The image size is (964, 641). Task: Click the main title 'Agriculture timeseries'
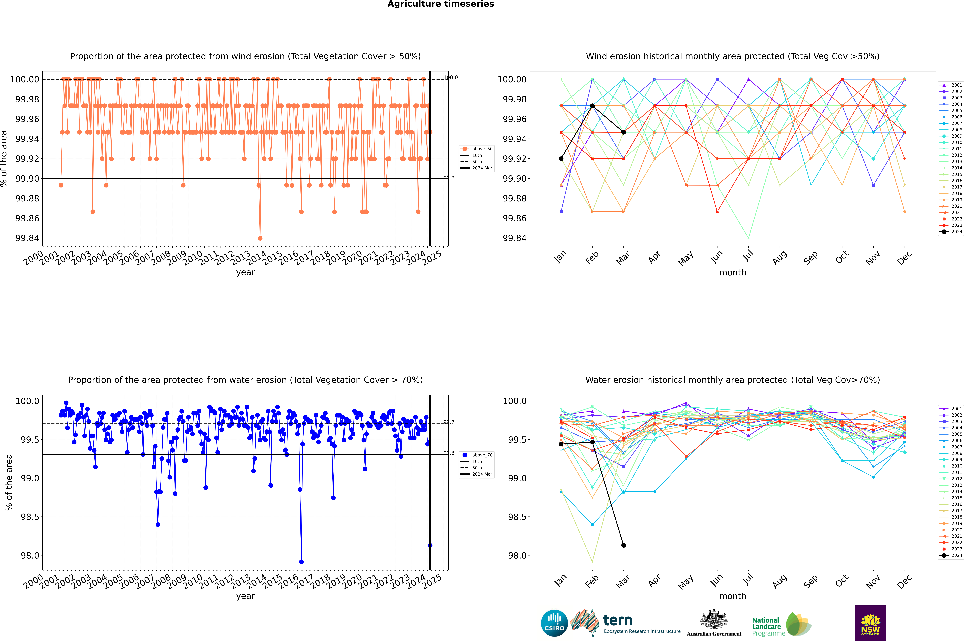(441, 4)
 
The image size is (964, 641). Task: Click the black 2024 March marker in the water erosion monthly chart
(623, 545)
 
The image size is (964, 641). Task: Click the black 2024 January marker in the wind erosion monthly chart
(561, 159)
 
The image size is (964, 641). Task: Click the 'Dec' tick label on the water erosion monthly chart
(904, 581)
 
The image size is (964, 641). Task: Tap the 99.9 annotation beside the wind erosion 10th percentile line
(449, 177)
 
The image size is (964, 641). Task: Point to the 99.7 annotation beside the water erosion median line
(449, 422)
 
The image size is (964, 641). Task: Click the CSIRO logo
(554, 623)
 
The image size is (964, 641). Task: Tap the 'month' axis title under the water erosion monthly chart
(732, 596)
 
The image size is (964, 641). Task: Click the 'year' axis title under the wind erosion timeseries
(245, 273)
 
